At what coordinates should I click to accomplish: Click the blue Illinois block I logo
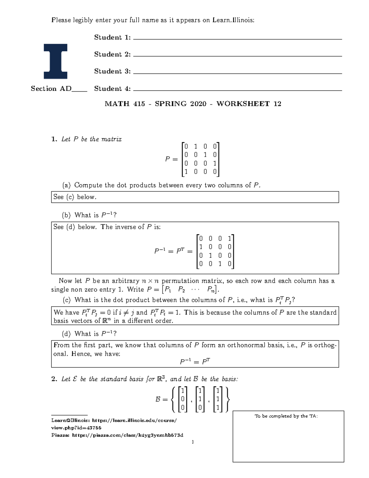(x=55, y=61)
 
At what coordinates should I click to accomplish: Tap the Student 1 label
(x=112, y=38)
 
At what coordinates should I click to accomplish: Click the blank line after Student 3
(x=237, y=73)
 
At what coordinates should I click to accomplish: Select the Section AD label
(x=51, y=89)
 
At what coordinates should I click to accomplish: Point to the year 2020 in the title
(x=198, y=104)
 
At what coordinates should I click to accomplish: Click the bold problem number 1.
(x=54, y=139)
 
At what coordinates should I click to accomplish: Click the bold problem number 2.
(x=54, y=379)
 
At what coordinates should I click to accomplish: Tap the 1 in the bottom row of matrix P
(x=186, y=172)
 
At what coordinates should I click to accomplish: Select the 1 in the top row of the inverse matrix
(x=229, y=239)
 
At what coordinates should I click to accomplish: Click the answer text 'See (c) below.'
(x=75, y=197)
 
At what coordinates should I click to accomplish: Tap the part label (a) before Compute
(x=66, y=185)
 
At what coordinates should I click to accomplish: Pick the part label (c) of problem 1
(x=66, y=300)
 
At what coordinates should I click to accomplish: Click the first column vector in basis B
(x=183, y=399)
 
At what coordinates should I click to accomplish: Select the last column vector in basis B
(x=218, y=399)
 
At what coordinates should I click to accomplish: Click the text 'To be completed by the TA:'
(x=286, y=416)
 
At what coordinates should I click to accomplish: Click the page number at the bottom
(x=192, y=442)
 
